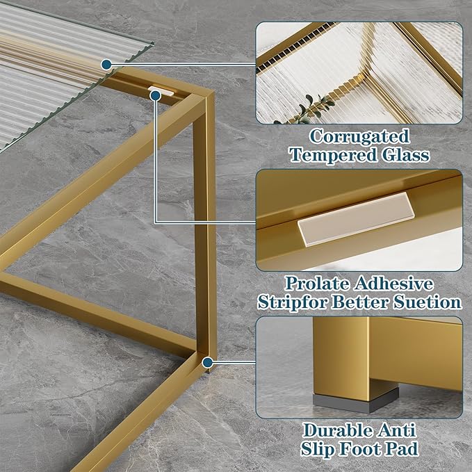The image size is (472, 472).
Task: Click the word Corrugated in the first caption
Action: [359, 136]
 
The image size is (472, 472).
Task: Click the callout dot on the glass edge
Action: [106, 65]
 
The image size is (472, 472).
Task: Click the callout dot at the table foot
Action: [207, 361]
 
